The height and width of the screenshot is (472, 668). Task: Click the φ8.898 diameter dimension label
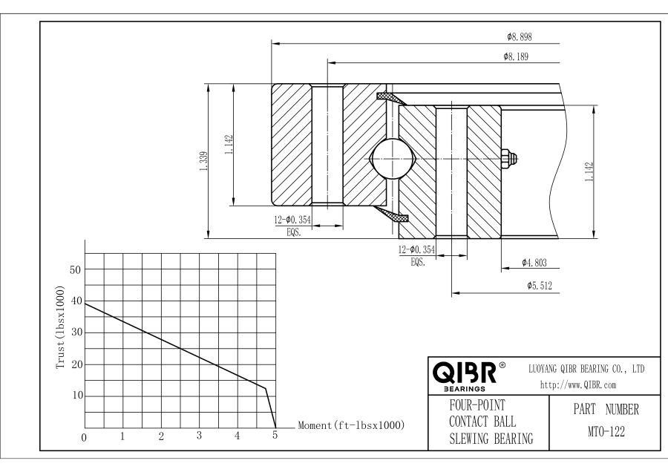520,37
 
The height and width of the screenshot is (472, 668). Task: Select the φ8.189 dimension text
516,56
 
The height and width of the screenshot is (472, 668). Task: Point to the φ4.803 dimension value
534,263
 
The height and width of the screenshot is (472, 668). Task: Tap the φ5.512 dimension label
540,286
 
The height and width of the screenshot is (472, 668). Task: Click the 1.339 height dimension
203,162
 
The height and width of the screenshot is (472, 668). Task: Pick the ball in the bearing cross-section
393,159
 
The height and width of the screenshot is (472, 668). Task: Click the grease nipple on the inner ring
509,159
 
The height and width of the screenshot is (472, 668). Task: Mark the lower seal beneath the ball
391,214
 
